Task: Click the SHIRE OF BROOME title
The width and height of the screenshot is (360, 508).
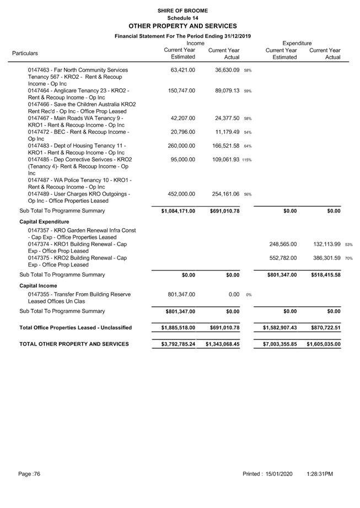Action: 182,10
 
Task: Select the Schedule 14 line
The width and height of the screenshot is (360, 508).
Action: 182,18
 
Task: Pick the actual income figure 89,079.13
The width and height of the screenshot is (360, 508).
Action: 227,90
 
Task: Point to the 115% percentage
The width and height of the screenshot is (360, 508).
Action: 246,160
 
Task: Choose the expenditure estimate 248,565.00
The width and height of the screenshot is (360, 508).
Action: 283,244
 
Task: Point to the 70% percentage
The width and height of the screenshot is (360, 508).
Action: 349,258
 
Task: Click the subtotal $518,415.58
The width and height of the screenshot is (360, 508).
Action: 324,275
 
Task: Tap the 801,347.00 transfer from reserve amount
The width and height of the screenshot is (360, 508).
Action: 181,295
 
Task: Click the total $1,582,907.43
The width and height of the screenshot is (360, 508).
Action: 280,328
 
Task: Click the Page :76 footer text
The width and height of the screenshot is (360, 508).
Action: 29,474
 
